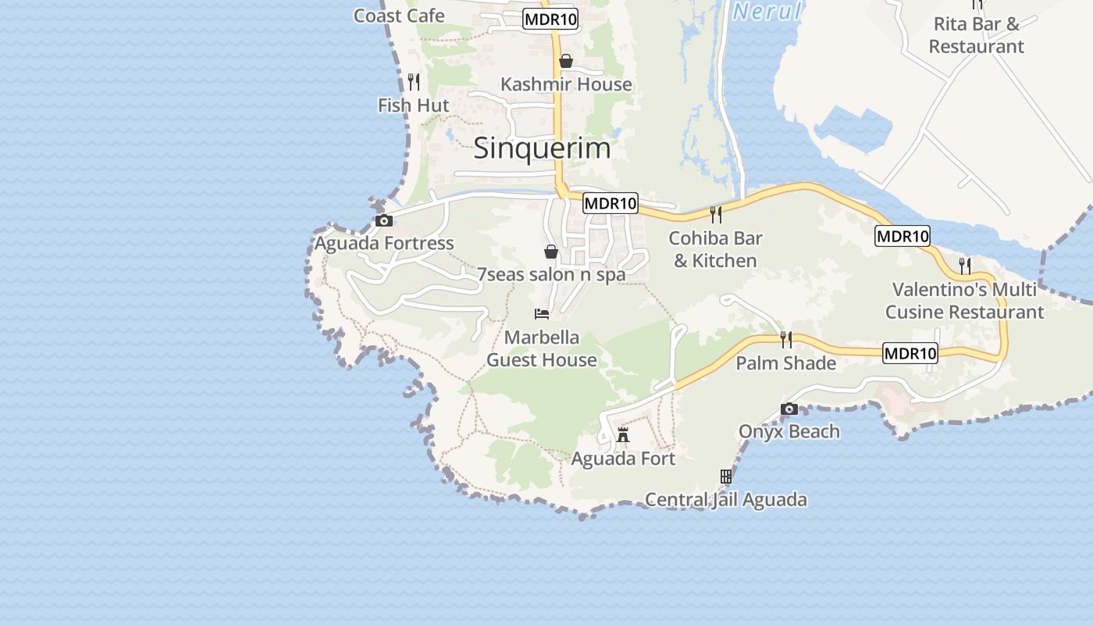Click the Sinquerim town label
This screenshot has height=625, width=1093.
542,148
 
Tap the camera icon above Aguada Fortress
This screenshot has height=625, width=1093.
383,221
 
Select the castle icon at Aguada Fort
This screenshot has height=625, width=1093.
622,435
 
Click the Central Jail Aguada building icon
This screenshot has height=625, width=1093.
725,476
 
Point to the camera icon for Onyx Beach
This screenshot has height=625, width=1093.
789,409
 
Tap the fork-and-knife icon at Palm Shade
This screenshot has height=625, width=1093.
786,339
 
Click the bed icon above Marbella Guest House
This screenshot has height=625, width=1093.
542,314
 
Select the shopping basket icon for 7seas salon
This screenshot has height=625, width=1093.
550,252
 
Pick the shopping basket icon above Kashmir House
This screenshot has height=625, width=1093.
566,61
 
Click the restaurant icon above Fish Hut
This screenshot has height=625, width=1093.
414,81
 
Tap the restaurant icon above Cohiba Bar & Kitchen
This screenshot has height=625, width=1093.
715,214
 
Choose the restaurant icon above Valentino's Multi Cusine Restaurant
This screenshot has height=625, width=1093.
965,266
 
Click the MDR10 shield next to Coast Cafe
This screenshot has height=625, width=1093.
550,20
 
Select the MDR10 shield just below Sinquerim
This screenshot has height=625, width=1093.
611,203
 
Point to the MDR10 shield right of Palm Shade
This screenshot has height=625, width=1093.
910,353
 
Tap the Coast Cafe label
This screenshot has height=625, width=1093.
399,16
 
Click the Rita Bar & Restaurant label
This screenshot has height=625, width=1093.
976,35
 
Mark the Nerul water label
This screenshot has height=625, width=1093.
767,12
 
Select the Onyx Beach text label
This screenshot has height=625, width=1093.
789,431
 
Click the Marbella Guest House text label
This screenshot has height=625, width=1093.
542,348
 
